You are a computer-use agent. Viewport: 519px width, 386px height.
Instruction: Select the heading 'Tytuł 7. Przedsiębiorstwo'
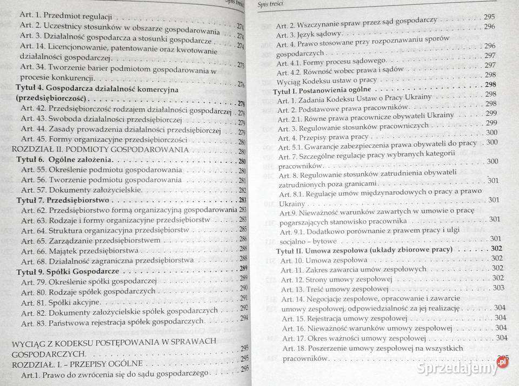[64, 200]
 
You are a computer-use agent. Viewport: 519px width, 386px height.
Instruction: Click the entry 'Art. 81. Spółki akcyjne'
[61, 302]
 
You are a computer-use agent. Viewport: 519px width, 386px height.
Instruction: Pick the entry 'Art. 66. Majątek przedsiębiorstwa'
[80, 251]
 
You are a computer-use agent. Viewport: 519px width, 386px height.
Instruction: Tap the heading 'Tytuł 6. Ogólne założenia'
[64, 161]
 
